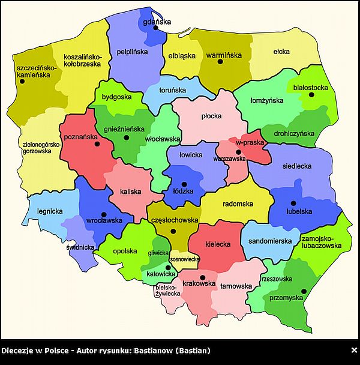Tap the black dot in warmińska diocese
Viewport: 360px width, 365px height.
pos(220,62)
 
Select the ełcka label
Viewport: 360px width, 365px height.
pos(281,52)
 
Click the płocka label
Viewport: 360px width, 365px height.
pos(211,116)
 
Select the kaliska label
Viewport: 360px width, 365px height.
pos(131,192)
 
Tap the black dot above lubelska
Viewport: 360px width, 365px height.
pos(293,203)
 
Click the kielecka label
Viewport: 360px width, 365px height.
pos(216,244)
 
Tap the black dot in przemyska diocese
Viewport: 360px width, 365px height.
pos(304,292)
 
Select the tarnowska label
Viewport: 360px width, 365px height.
pos(236,286)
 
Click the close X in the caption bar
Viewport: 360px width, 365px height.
pos(353,350)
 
